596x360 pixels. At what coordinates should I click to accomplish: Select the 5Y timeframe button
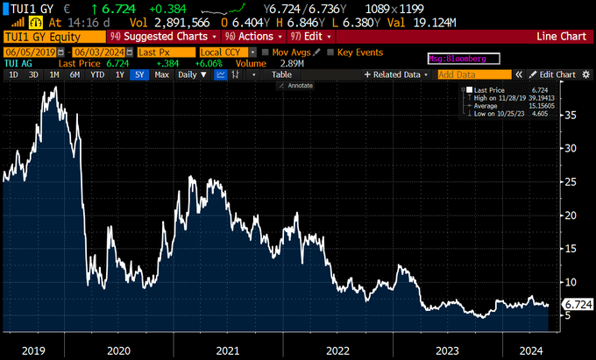(138, 75)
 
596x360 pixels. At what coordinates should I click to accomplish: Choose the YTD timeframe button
(96, 75)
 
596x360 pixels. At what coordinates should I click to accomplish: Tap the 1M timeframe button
(54, 75)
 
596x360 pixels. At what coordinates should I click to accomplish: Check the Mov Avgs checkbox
(266, 53)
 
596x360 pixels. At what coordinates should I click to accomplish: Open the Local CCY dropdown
(226, 53)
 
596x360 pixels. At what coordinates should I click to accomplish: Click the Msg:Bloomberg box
(462, 58)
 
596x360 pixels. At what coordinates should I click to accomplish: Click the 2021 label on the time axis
(228, 349)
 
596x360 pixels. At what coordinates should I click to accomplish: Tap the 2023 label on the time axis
(447, 349)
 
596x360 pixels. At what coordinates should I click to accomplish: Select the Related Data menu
(398, 75)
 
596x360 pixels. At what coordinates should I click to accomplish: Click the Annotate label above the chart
(299, 86)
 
